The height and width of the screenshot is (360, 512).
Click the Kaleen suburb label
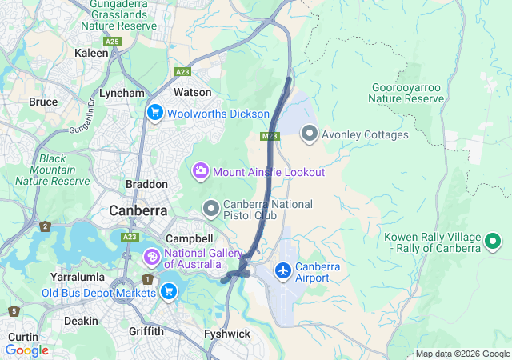[x=90, y=53]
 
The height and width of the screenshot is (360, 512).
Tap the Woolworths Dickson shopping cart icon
[x=155, y=114]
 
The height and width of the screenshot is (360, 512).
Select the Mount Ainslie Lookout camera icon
[x=200, y=171]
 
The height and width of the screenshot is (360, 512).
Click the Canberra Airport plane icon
[x=282, y=270]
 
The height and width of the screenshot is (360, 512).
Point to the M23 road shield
[x=270, y=137]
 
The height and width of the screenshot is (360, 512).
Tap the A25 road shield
[x=111, y=40]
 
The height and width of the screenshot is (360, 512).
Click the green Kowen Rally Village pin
[x=494, y=240]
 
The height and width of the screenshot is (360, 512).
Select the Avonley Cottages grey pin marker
[x=310, y=134]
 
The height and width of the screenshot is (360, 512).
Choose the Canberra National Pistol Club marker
[x=211, y=209]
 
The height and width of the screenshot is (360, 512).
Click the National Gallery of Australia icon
[x=151, y=258]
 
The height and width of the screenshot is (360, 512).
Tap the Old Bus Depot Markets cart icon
[x=168, y=292]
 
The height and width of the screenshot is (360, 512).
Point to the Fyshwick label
[x=227, y=333]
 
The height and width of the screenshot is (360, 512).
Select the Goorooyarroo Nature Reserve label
[x=406, y=93]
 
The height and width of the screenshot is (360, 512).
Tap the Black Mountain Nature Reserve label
[x=54, y=170]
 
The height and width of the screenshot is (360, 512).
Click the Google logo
[x=26, y=350]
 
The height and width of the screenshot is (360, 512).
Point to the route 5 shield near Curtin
[x=14, y=310]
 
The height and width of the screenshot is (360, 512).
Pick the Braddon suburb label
[x=146, y=184]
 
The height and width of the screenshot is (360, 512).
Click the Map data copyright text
[x=462, y=354]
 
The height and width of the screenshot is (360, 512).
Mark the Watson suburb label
[x=193, y=92]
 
